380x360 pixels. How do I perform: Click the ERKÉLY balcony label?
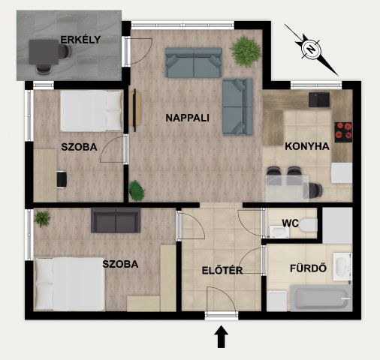(80, 40)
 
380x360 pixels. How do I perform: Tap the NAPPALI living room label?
(187, 118)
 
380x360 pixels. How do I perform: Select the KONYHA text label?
(307, 146)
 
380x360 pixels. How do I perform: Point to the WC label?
(290, 223)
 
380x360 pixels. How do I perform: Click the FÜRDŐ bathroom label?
(308, 268)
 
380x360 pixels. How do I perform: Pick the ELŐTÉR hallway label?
(222, 270)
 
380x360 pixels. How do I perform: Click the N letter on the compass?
(311, 49)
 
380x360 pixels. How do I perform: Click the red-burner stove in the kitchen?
(343, 133)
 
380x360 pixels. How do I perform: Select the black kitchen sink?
(319, 100)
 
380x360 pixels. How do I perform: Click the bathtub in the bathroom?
(321, 298)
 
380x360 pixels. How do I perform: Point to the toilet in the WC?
(308, 226)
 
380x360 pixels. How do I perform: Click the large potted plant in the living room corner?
(246, 51)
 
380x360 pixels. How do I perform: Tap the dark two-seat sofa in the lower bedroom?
(116, 220)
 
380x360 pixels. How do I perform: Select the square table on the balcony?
(44, 52)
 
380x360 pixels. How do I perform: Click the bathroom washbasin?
(342, 266)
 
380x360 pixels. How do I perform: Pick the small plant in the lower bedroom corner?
(42, 218)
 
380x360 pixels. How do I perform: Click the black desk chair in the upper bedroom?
(62, 179)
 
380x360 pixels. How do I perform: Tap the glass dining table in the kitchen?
(288, 188)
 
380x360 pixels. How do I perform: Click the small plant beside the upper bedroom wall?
(137, 190)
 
